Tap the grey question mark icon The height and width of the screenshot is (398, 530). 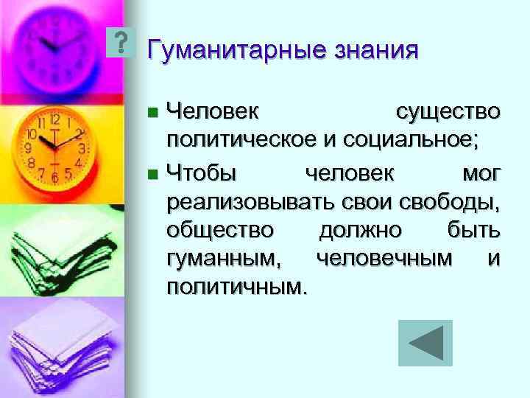click(121, 43)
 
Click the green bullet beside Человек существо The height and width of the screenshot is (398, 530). click(152, 113)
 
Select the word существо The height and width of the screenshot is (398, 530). click(448, 112)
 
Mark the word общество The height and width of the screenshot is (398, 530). click(220, 231)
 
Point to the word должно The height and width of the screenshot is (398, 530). click(360, 231)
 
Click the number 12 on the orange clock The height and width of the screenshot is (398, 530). click(55, 119)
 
